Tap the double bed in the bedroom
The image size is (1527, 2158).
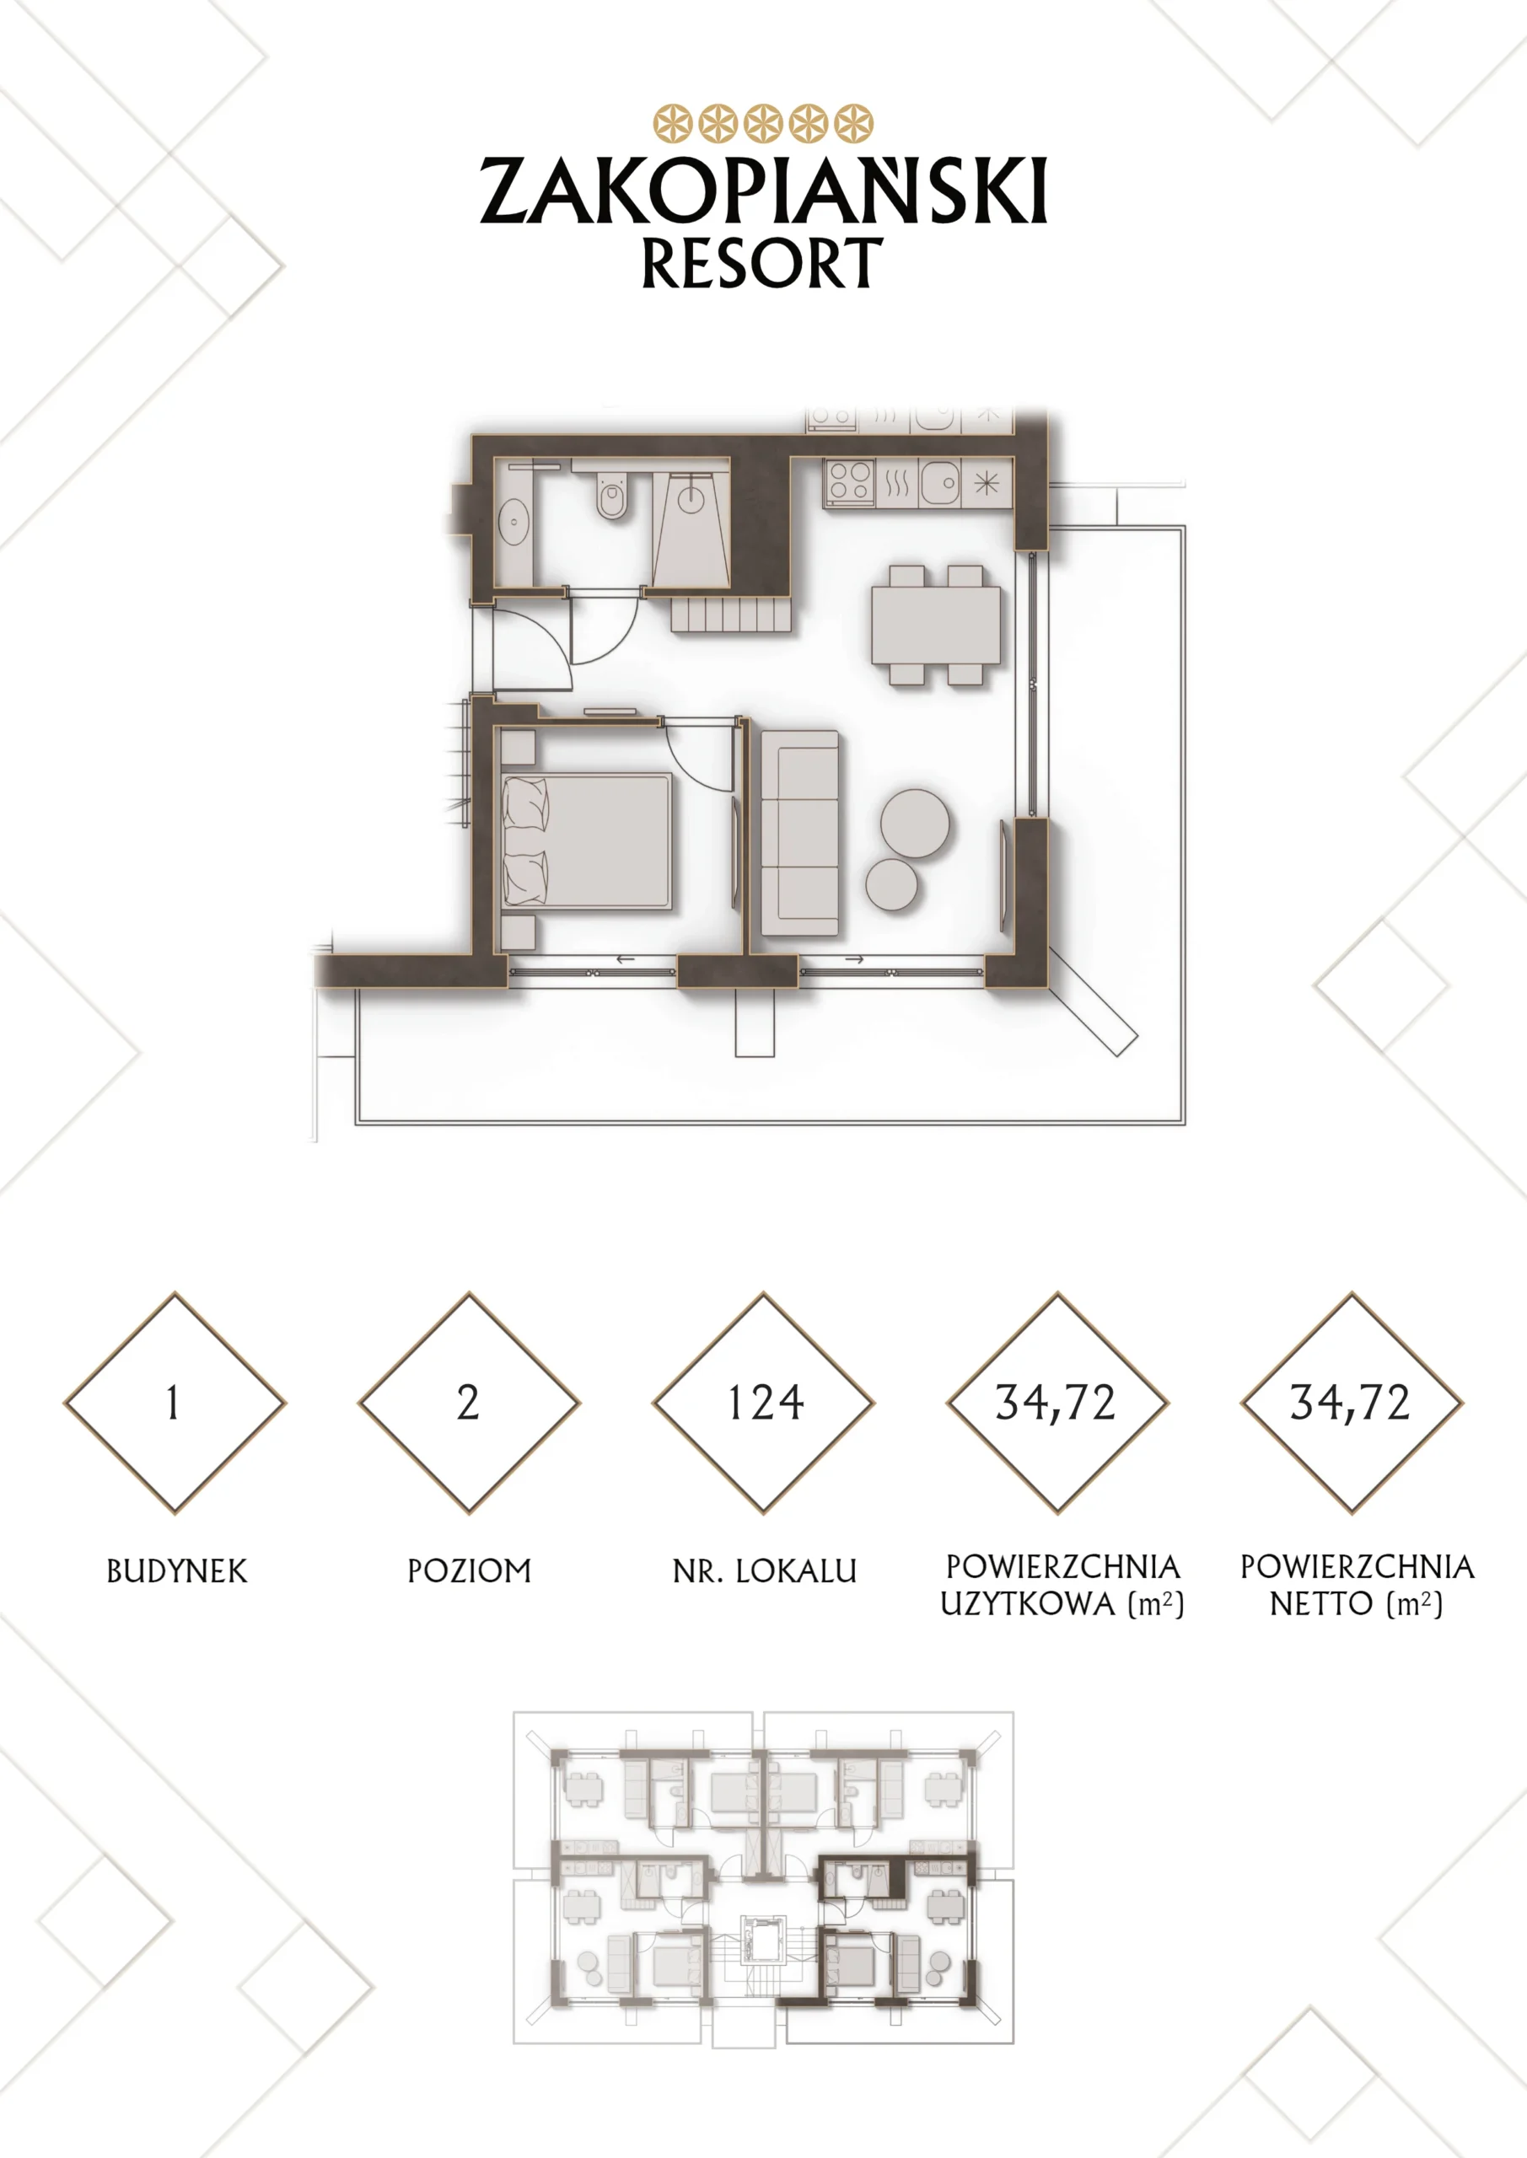[588, 841]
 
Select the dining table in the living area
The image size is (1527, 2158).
[936, 625]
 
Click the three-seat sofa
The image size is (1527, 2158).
[800, 833]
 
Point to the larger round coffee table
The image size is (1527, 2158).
[915, 823]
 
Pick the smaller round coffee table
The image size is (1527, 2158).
[891, 884]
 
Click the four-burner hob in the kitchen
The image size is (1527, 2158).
[850, 483]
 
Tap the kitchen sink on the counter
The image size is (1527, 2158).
[939, 483]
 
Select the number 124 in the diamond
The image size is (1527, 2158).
[766, 1404]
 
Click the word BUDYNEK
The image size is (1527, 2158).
[177, 1571]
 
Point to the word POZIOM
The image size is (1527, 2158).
[469, 1571]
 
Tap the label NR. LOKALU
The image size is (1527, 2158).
[765, 1571]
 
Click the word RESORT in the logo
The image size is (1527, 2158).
[762, 263]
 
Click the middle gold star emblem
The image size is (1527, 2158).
[764, 123]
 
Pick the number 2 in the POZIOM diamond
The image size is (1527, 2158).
[468, 1404]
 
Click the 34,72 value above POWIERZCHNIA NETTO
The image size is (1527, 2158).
[1350, 1404]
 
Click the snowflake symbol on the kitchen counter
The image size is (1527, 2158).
[987, 483]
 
